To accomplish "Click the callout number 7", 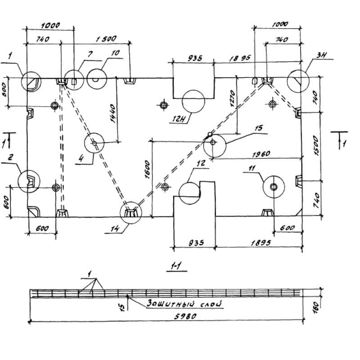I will (90, 54).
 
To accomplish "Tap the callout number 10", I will (115, 54).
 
